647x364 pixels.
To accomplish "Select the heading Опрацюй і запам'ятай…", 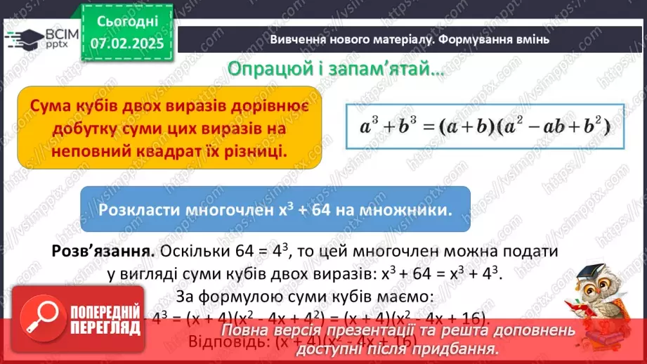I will coord(334,70).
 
